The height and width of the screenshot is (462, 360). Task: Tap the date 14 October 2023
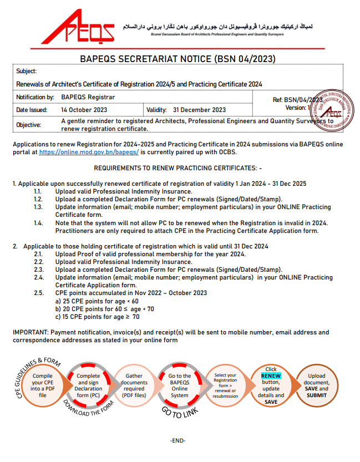(x=84, y=110)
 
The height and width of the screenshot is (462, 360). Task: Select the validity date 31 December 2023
(x=199, y=110)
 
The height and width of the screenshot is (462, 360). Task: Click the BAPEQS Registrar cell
(x=84, y=97)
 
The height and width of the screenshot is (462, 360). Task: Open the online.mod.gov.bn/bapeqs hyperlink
(x=89, y=151)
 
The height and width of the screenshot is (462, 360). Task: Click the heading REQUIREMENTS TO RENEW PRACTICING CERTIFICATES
(x=178, y=167)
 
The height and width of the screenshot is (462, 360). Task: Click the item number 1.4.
(x=38, y=223)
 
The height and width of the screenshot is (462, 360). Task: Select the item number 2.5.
(x=38, y=293)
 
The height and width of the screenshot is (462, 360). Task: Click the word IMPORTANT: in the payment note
(x=31, y=332)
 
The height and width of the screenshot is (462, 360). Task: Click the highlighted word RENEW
(x=271, y=375)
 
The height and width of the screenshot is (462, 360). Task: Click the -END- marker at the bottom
(x=178, y=440)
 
